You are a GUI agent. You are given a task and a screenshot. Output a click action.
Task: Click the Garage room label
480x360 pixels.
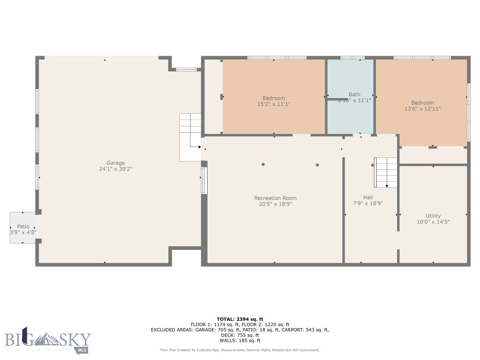tap(115, 163)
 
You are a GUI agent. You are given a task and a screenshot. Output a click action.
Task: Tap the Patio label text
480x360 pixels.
tap(23, 226)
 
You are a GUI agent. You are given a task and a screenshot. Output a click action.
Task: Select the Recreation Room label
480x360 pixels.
tap(275, 198)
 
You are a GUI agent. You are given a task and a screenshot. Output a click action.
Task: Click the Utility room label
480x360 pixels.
tap(433, 216)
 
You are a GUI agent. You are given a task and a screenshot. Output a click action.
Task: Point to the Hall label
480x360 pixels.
tap(368, 197)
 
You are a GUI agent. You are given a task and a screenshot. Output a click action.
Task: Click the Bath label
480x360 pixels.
tap(354, 94)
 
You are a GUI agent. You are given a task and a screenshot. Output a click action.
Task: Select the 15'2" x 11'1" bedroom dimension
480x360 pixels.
tap(274, 105)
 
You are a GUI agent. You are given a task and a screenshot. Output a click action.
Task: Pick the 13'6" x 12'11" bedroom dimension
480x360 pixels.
tap(422, 109)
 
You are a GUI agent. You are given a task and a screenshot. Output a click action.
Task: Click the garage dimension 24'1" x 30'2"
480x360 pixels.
tap(115, 169)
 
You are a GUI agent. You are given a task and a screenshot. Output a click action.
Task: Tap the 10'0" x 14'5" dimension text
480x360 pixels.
tap(433, 222)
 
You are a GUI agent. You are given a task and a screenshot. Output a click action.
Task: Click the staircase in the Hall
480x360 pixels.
tap(386, 172)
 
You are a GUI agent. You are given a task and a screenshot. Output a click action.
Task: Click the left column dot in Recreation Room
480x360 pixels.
tap(263, 165)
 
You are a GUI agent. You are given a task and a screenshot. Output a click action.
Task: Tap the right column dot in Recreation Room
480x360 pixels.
tap(317, 165)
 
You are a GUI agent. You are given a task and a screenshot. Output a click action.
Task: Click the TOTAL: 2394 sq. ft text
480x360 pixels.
tap(240, 319)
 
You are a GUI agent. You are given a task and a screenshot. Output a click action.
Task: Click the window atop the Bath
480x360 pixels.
tap(352, 58)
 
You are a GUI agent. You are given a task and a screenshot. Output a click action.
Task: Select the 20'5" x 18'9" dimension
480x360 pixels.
tap(275, 204)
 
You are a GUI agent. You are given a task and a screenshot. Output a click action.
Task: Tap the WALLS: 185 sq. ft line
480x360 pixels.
tap(240, 341)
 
